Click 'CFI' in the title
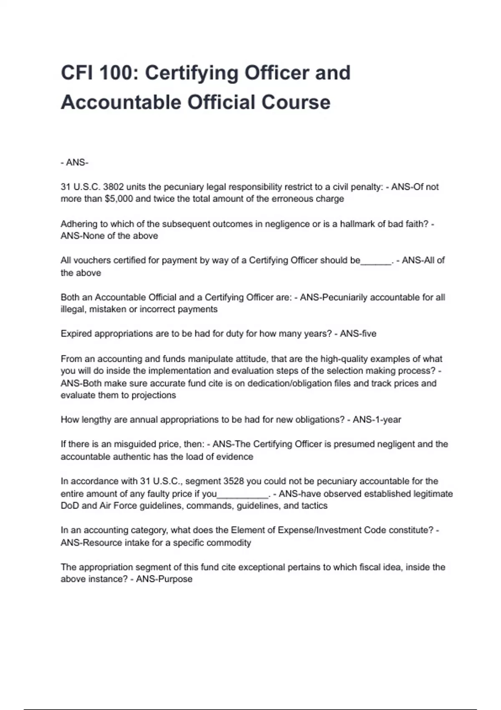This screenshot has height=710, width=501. click(78, 73)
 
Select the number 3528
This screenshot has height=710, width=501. click(233, 481)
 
